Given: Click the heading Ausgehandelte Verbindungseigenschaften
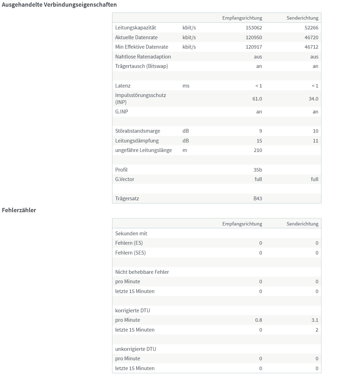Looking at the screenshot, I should coord(59,5).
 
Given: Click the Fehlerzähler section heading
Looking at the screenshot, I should coord(19,210).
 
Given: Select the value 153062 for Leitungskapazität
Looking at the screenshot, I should coord(254,28).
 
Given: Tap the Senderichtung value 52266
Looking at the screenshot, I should coord(311,28).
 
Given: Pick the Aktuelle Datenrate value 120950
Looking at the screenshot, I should coord(254,37).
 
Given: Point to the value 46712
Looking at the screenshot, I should coord(311,47).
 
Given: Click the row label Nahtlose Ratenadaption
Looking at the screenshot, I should coord(143,57).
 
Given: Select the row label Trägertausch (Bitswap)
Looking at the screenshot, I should coord(141,66).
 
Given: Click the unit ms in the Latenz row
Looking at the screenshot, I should coord(186,86).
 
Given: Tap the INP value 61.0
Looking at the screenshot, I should coord(257,99).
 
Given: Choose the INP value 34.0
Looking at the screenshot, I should coord(313,99).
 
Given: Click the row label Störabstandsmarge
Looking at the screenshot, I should coord(138,131).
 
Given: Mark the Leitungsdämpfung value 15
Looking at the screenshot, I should coord(259,141).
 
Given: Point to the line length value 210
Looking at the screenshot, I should coord(258,150).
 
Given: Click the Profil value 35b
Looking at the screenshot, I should coord(258,170).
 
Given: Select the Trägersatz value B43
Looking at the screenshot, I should coord(258,199).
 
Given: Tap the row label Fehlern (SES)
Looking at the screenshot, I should coord(130,253).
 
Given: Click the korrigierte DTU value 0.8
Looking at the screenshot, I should coord(258,320).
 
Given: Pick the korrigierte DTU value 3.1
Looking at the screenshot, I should coord(314,320).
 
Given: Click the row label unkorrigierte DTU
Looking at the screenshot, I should coord(136,349).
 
